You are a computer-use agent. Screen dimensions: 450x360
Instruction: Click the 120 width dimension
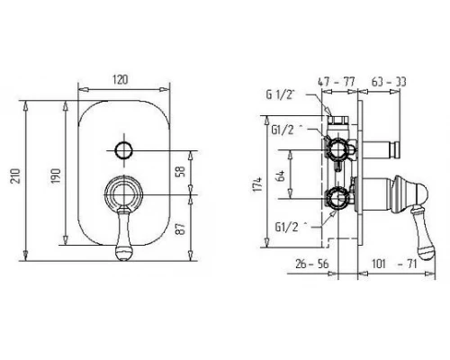pos(120,80)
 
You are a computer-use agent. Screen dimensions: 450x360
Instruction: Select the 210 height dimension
pos(15,175)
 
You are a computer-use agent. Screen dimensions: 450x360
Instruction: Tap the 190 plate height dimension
pos(56,175)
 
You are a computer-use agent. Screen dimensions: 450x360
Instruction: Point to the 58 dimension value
pos(181,171)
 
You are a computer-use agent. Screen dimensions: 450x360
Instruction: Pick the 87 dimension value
pos(181,229)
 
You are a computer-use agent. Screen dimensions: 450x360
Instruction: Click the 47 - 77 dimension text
pos(337,82)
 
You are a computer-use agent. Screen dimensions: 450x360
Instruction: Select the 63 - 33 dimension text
pos(389,82)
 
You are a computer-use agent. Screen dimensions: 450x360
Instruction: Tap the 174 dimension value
pos(257,184)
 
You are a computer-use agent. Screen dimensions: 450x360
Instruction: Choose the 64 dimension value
pos(281,175)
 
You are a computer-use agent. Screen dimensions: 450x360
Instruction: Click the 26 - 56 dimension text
pos(312,264)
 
